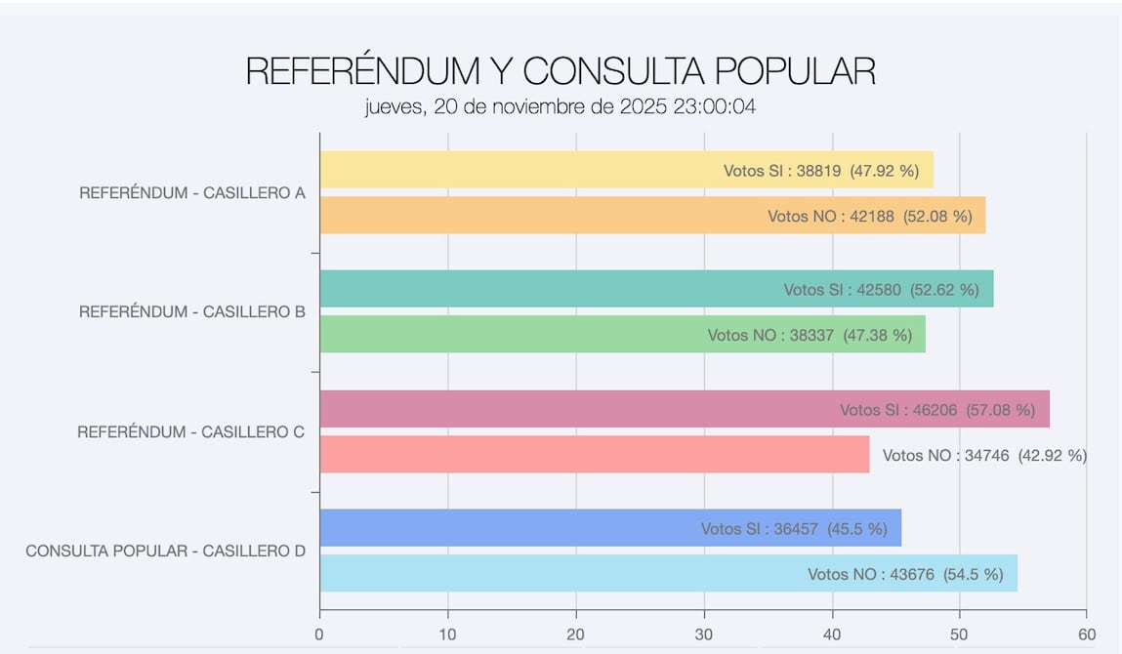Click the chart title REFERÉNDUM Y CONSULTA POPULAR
(x=560, y=71)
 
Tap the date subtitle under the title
(x=560, y=106)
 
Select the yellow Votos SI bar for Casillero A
(x=518, y=170)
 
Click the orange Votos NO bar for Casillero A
(x=537, y=216)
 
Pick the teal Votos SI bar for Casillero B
(x=547, y=289)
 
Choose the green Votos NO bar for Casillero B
(x=508, y=335)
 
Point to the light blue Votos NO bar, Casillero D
(x=557, y=574)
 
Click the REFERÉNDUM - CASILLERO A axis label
(x=192, y=193)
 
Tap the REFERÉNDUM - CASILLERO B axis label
(x=192, y=312)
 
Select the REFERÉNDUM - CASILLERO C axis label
(x=191, y=431)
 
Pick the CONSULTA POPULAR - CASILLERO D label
(x=165, y=551)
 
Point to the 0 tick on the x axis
(x=319, y=634)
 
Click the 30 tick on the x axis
(x=704, y=634)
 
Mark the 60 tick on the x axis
(x=1087, y=634)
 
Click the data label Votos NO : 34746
(x=984, y=455)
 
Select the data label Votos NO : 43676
(x=905, y=574)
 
